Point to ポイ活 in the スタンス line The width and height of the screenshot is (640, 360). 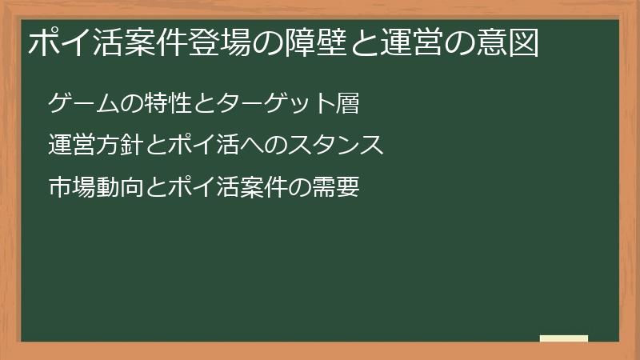tap(184, 146)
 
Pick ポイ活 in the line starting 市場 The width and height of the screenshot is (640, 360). tap(184, 188)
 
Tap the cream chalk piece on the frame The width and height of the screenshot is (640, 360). tap(564, 338)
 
